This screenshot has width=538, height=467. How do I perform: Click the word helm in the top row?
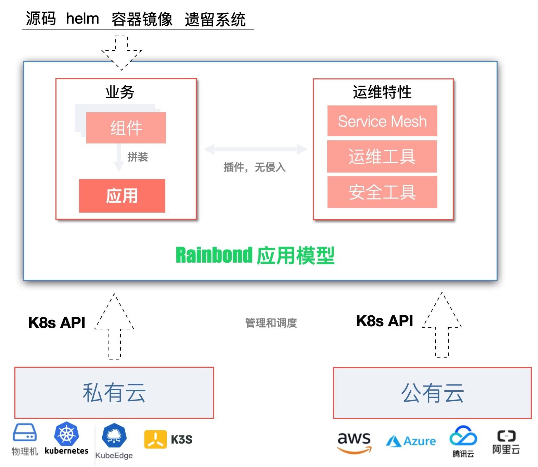coord(82,18)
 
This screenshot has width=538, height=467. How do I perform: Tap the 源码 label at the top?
coord(41,18)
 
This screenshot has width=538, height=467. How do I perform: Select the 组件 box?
coord(126,128)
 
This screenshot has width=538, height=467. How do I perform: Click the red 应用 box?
coord(122,196)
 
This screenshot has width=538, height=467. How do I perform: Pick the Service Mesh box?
coord(382,121)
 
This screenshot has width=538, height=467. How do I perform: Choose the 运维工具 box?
coord(382,157)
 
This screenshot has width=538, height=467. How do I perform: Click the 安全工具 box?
coord(382,192)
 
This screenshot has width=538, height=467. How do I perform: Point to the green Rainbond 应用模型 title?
coord(255,255)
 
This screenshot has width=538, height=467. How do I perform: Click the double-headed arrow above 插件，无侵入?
coord(255,149)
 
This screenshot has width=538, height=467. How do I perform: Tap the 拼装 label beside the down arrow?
coord(138,157)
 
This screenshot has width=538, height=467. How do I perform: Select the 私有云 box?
coord(114,393)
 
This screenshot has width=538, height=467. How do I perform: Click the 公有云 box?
coord(432,393)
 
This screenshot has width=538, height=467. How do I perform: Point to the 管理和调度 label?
coord(271,323)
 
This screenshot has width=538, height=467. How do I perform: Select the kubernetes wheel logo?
coord(66,434)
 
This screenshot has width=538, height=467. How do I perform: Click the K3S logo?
coord(168,439)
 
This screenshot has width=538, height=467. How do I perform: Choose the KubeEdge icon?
coord(114,436)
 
